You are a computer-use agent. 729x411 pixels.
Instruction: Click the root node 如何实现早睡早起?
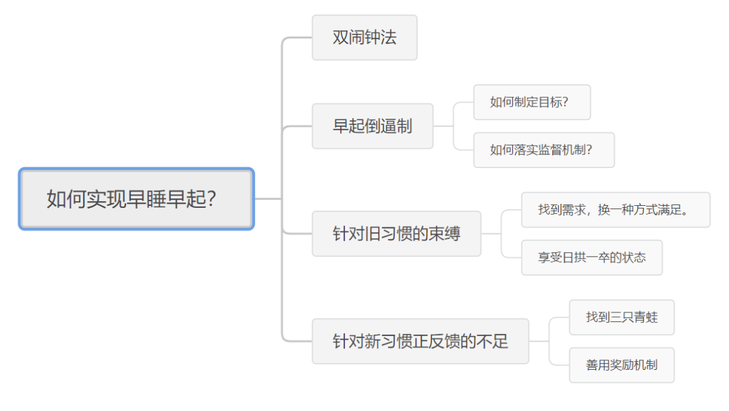coord(136,199)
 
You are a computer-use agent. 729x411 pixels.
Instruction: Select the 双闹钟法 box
coord(364,38)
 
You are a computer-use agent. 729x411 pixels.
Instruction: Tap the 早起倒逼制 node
coord(373,126)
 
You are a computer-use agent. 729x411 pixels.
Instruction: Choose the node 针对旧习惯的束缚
coord(396,234)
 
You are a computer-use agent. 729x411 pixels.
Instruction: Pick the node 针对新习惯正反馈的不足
coord(420,341)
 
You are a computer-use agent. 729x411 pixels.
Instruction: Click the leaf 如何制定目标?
coord(531,103)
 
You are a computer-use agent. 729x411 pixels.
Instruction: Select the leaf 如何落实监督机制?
coord(543,150)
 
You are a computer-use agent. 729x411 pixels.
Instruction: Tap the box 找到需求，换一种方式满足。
coord(615,210)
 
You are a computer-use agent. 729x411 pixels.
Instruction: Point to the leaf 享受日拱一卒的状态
coord(591,258)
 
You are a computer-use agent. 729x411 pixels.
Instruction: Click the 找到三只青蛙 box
coord(621,317)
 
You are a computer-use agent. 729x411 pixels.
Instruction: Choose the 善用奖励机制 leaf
coord(621,365)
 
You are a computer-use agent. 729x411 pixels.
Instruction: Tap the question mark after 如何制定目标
coord(565,103)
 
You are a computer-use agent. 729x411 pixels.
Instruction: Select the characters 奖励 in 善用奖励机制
coord(621,365)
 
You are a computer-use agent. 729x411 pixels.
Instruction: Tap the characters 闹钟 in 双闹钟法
coord(364,38)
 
